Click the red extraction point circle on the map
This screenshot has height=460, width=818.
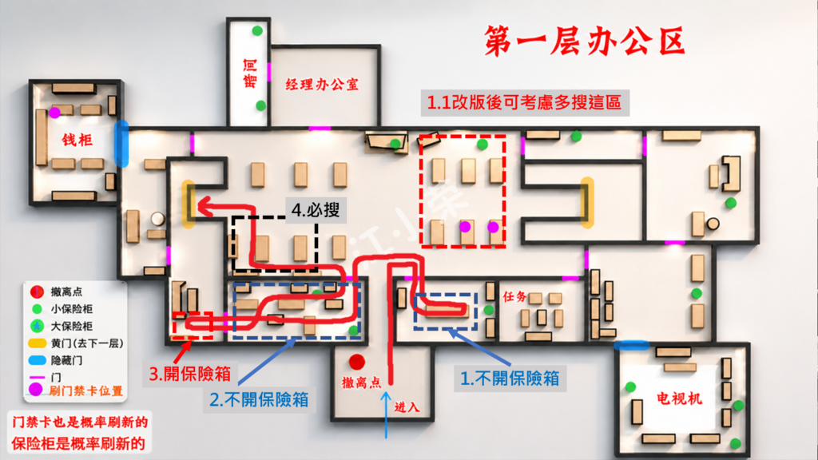[x=357, y=362]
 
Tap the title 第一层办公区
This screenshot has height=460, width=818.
[x=584, y=41]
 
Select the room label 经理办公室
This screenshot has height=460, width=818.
[x=322, y=85]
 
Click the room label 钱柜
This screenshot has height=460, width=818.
[x=77, y=140]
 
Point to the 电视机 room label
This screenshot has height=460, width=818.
[x=679, y=399]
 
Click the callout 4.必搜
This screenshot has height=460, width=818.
[x=316, y=210]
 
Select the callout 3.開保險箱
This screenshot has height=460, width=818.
[x=190, y=374]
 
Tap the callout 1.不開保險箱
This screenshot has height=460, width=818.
[x=510, y=378]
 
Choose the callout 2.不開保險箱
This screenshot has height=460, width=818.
[x=259, y=399]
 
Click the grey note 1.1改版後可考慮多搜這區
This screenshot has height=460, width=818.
[x=524, y=102]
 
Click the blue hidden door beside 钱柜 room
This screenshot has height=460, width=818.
[x=121, y=144]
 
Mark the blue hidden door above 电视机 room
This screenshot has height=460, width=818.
[x=632, y=345]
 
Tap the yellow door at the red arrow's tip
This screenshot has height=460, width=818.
[x=189, y=204]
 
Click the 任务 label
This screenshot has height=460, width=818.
[x=514, y=297]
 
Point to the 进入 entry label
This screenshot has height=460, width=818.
[x=407, y=407]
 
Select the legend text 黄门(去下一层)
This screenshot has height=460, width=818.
[x=87, y=343]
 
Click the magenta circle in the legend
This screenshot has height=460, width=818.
[x=35, y=390]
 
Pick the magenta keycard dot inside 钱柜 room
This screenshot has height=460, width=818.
[x=55, y=113]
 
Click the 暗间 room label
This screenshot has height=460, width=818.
[x=250, y=73]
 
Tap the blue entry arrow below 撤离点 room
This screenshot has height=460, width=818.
[x=386, y=415]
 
